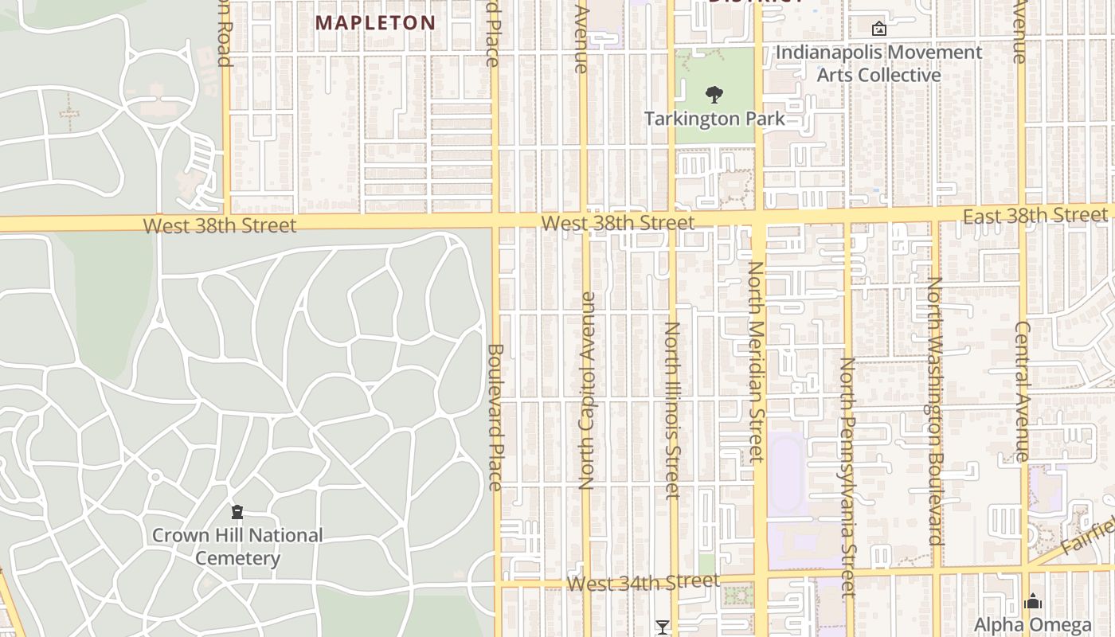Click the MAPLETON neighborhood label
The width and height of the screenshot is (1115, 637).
(x=375, y=22)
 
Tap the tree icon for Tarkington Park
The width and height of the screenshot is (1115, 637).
(x=714, y=96)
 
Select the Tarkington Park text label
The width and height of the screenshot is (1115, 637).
(x=714, y=119)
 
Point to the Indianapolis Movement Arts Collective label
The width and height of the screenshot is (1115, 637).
(x=879, y=64)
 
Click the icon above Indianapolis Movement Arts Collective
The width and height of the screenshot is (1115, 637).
(x=879, y=29)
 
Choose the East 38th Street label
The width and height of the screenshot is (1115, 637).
(x=1035, y=215)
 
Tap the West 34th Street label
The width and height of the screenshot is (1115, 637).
(x=643, y=583)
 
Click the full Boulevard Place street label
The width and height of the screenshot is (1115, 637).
(x=495, y=416)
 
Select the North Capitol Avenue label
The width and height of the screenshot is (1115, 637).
(x=587, y=391)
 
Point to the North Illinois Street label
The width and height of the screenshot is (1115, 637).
(x=673, y=410)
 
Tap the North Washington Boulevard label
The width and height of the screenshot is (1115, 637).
(x=935, y=411)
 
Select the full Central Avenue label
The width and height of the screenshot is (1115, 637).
(x=1023, y=391)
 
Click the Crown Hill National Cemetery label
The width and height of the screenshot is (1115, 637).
(x=237, y=546)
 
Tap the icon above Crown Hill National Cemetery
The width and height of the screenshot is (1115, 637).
(x=237, y=512)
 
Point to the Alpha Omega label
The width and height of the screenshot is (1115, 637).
(x=1032, y=624)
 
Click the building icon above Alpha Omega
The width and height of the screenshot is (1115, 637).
(x=1033, y=601)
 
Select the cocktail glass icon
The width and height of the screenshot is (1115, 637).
(x=662, y=627)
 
